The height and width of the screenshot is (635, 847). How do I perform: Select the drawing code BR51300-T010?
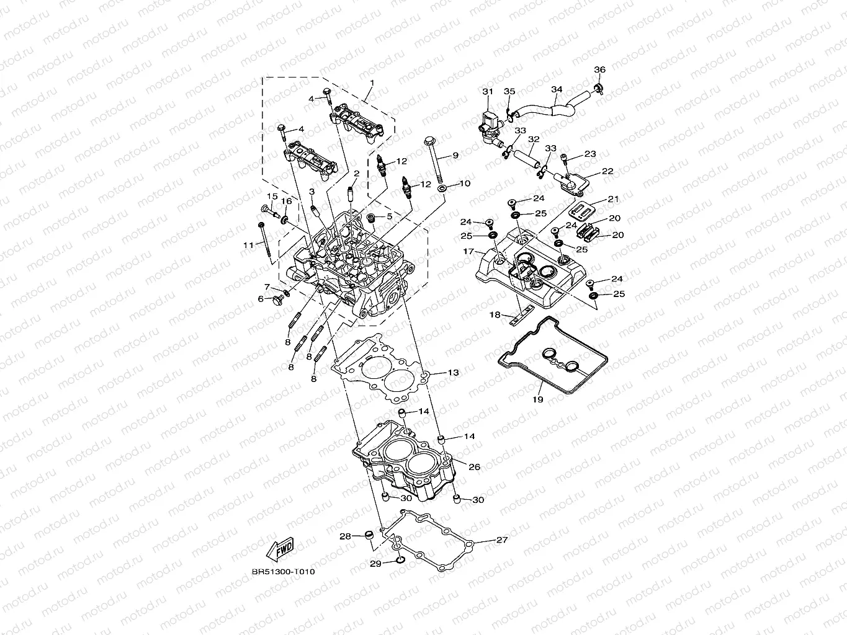(284, 572)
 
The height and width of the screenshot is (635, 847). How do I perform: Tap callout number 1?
(372, 83)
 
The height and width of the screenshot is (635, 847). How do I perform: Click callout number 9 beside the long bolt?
(455, 156)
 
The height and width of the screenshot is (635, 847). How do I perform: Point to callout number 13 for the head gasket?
(454, 373)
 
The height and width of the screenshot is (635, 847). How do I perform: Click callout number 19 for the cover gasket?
(538, 399)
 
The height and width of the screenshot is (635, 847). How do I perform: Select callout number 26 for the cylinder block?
(474, 467)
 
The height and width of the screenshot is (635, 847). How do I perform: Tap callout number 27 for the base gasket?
(501, 540)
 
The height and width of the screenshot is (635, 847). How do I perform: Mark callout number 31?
(488, 92)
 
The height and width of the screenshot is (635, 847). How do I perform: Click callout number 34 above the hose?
(557, 90)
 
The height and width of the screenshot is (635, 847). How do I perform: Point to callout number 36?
(599, 69)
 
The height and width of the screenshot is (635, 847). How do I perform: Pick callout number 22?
(607, 171)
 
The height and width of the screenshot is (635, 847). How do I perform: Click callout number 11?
(248, 245)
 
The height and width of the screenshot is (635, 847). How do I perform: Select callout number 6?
(261, 299)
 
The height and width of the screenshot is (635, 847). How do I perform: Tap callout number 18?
(495, 315)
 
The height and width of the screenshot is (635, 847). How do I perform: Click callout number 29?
(375, 564)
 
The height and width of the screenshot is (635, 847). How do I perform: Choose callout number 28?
(345, 536)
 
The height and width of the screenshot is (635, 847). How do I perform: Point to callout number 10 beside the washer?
(465, 184)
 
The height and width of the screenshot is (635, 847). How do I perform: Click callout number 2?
(357, 174)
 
